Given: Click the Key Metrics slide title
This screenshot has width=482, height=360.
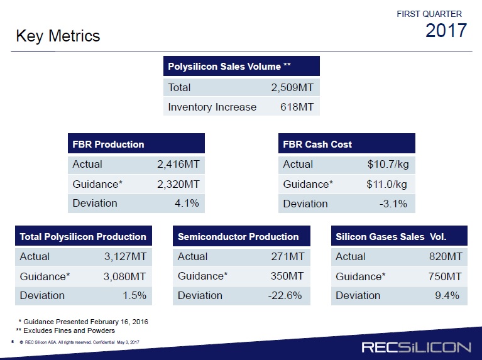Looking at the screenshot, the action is click(58, 36).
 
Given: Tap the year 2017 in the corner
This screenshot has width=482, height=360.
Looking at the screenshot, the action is click(446, 30).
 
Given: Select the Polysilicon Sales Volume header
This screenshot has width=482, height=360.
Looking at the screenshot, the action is click(229, 67).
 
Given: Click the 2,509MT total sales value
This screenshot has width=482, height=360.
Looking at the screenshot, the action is click(292, 87).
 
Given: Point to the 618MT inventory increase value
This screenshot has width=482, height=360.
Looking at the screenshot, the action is click(297, 107).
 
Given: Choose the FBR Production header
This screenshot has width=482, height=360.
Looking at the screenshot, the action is click(108, 144).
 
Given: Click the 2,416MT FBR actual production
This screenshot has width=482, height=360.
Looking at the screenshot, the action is click(178, 164).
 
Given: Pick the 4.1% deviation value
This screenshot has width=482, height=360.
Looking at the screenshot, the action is click(187, 203).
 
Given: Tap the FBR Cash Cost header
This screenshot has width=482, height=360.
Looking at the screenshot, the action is click(317, 144).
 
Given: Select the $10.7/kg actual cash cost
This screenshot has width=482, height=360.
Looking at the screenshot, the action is click(388, 164).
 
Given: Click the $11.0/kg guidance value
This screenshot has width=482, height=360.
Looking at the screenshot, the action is click(386, 184).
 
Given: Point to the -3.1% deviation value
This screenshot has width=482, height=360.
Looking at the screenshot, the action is click(393, 204).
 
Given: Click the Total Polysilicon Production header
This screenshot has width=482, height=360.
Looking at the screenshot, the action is click(83, 237).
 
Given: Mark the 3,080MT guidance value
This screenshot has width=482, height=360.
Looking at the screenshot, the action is click(124, 276).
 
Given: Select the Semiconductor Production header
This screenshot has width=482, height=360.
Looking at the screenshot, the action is click(238, 237).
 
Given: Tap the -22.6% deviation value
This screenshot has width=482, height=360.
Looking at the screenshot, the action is click(285, 295).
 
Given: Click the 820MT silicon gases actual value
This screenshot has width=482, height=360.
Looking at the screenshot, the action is click(446, 256).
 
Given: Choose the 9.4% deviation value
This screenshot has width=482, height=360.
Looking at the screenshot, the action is click(447, 295).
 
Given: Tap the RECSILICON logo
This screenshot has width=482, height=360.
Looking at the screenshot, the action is click(416, 347).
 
